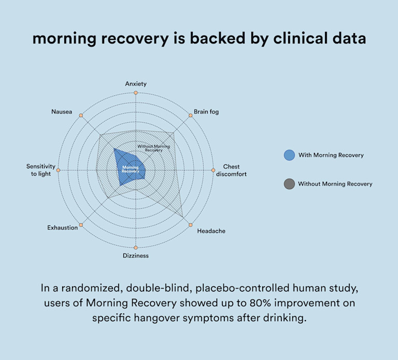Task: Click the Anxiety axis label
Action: [x=136, y=83]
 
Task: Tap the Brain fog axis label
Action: [x=206, y=111]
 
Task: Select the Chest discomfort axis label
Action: [x=231, y=170]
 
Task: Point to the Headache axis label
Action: [x=211, y=231]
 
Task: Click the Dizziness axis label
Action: [x=136, y=256]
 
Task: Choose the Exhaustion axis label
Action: [x=63, y=227]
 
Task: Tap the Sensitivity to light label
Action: [x=39, y=170]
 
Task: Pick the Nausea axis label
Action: [x=62, y=111]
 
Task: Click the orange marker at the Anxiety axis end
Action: [x=136, y=93]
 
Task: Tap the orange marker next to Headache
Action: [x=191, y=225]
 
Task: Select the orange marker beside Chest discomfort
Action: [x=213, y=170]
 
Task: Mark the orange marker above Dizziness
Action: [x=136, y=248]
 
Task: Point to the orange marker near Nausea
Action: [x=81, y=115]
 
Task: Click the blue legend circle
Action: [x=289, y=155]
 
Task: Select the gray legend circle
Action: [x=289, y=184]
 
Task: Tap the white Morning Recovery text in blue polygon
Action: [x=131, y=169]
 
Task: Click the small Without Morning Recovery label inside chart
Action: [x=153, y=148]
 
